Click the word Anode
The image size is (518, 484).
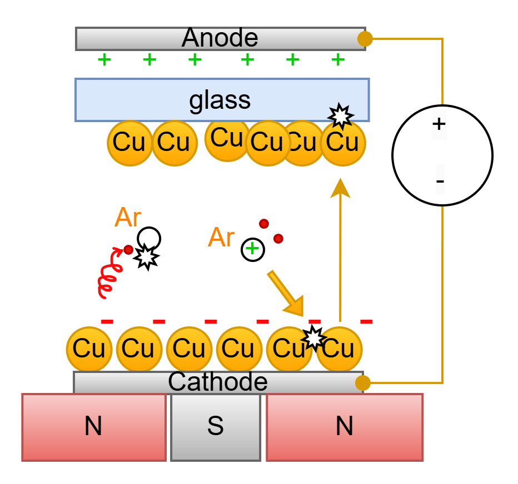220,38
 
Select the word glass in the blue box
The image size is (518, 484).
220,100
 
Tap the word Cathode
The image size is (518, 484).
218,382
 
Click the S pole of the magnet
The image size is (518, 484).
216,427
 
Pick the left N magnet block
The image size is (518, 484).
94,427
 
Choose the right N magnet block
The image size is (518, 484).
345,427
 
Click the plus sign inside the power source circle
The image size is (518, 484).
439,124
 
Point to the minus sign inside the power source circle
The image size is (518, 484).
440,181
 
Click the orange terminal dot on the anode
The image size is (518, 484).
365,39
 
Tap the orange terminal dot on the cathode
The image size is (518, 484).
363,383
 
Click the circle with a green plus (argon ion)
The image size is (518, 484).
253,249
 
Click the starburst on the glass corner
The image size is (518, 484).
341,116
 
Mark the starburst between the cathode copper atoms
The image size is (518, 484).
313,337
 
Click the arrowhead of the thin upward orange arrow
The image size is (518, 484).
340,188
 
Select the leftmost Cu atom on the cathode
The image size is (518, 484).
89,349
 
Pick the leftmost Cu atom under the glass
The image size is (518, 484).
130,143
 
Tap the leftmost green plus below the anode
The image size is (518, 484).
104,60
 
